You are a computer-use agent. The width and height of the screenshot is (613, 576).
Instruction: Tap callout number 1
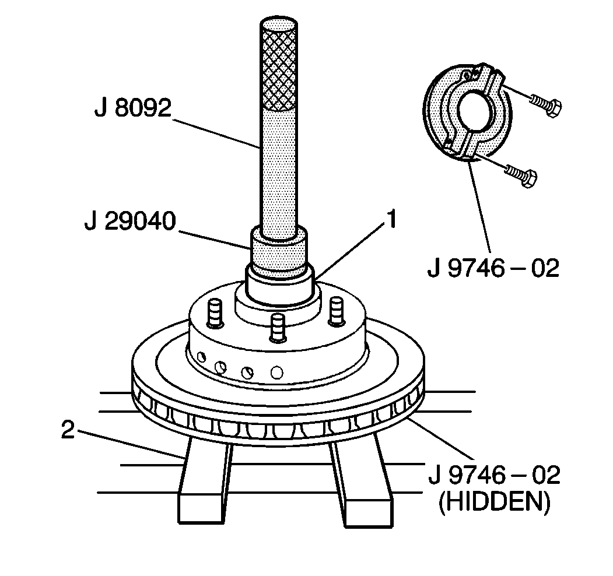(392, 220)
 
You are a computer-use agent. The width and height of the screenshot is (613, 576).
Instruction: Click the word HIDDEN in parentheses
(494, 503)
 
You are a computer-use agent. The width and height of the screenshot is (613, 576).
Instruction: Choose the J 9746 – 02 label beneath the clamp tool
(493, 268)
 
